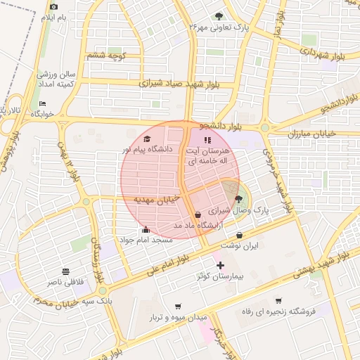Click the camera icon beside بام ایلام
tap(54, 7)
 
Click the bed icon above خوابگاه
tap(42, 103)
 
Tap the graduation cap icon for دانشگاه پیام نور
tap(148, 139)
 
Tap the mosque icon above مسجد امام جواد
tap(146, 229)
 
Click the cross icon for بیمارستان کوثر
tap(221, 266)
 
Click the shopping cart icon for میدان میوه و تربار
tap(177, 307)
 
